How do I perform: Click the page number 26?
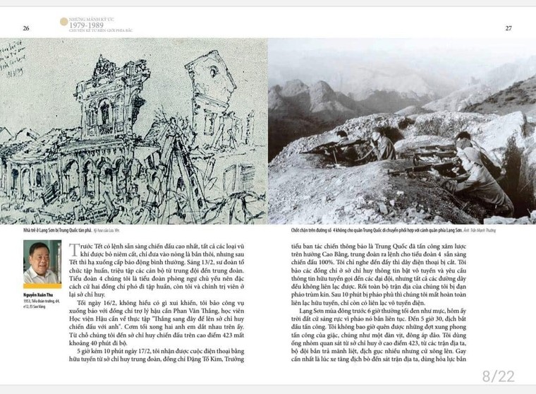point(26,28)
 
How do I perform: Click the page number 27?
point(508,28)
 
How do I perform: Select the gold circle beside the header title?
point(63,22)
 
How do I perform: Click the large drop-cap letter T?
point(75,251)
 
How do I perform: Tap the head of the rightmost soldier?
point(463,138)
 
